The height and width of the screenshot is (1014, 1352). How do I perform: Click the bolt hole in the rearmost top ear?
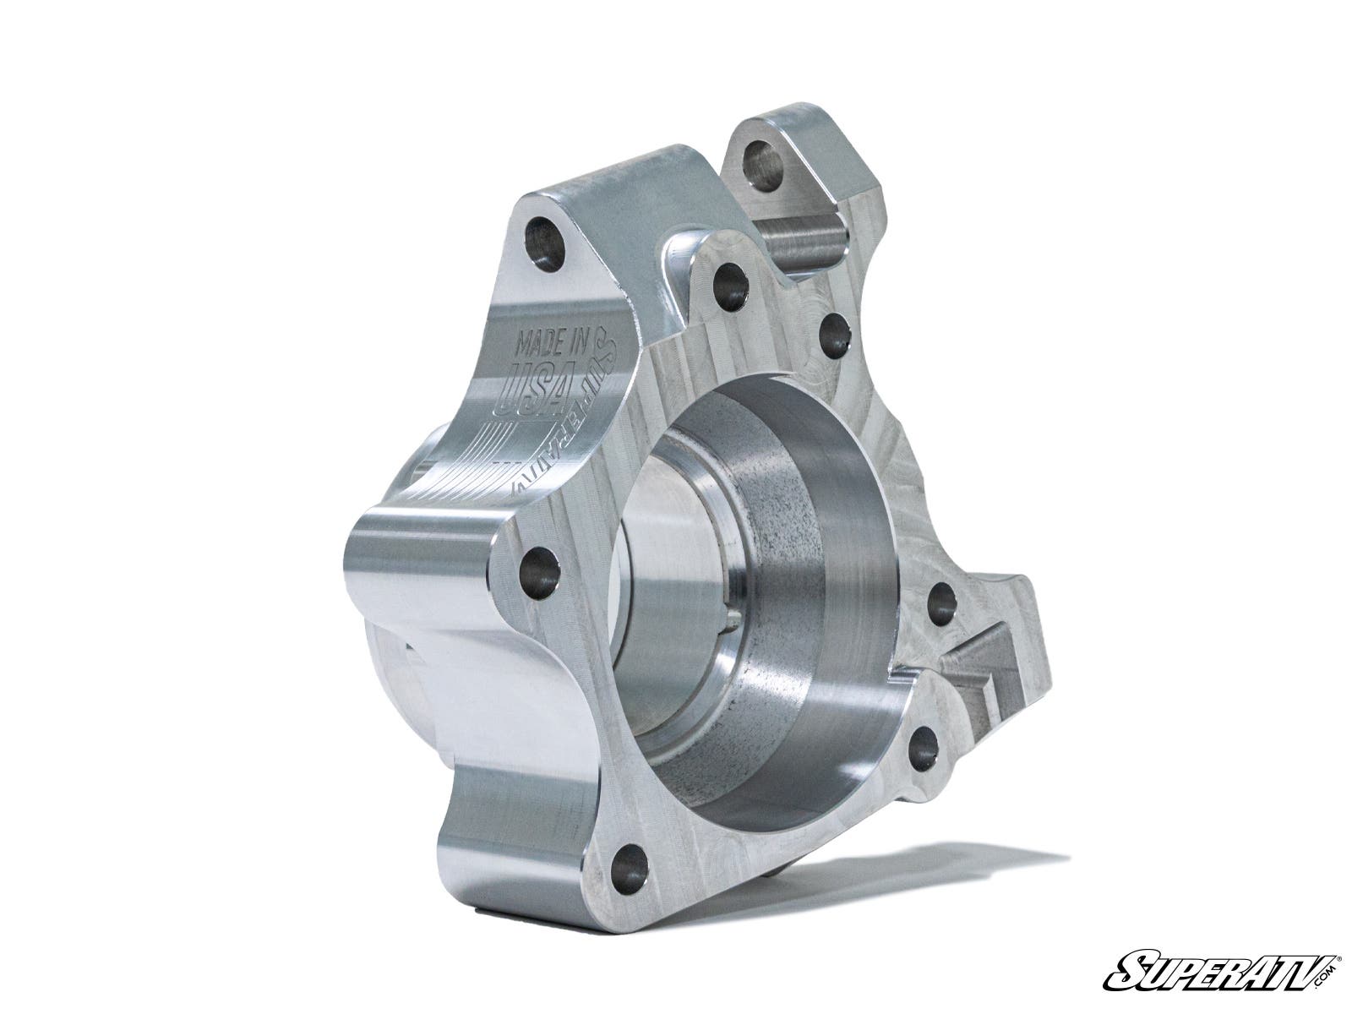(x=763, y=160)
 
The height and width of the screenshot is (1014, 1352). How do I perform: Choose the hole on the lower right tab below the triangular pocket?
(x=923, y=748)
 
